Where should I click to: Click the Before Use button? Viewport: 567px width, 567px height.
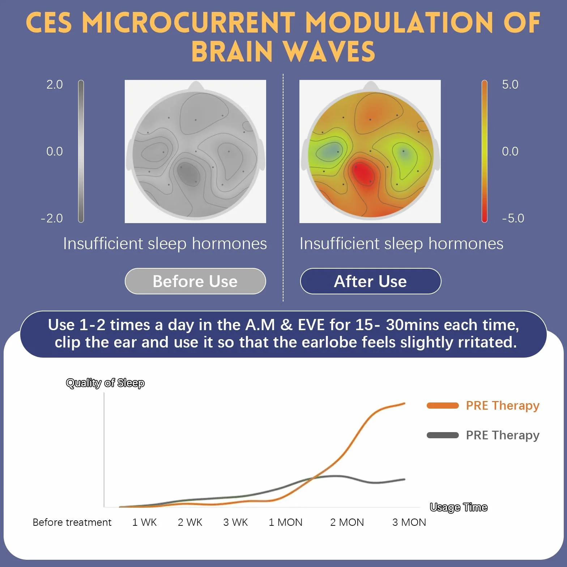click(x=195, y=281)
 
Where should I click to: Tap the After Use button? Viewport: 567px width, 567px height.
click(x=371, y=281)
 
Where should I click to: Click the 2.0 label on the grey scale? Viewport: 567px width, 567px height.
click(x=55, y=84)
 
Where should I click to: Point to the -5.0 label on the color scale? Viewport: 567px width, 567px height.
click(x=513, y=218)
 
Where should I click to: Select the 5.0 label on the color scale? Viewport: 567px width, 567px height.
click(x=510, y=84)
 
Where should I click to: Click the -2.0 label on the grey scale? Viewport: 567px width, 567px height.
click(x=52, y=218)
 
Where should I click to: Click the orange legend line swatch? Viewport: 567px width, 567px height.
click(x=443, y=405)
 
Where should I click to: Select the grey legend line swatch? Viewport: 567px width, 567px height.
click(x=443, y=435)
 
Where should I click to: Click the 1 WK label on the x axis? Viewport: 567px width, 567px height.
click(x=144, y=522)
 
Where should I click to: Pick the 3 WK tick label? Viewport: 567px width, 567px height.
click(x=235, y=522)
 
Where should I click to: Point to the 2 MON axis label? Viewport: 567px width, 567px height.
click(x=347, y=522)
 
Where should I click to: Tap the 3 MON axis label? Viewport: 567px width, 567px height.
click(x=409, y=522)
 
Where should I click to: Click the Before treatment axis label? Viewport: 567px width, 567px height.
click(x=72, y=522)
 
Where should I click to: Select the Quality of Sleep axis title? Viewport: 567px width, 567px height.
click(x=105, y=383)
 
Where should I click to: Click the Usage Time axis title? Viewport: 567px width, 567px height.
click(x=459, y=507)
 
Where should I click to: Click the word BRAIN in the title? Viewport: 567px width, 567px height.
click(x=232, y=51)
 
